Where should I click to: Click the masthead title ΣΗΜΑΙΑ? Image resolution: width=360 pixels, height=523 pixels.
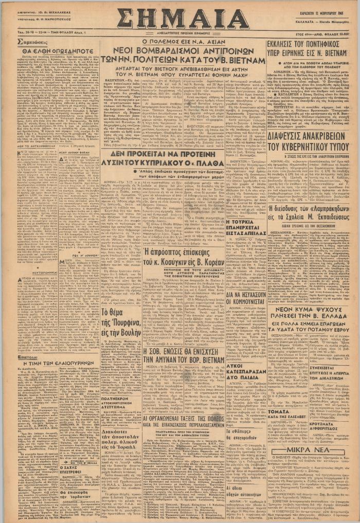coord(183,20)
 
